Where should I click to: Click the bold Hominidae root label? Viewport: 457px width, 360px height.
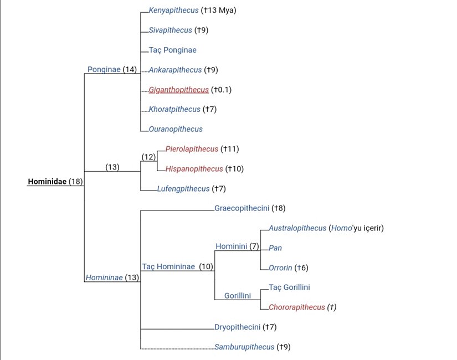(x=47, y=182)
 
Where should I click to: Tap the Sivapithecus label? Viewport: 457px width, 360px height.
(x=171, y=30)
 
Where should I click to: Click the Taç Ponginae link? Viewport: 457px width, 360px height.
(x=172, y=50)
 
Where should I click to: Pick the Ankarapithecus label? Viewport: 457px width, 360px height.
(x=175, y=70)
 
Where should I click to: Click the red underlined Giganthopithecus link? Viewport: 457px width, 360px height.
(x=178, y=90)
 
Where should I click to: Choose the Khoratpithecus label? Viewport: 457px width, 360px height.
(x=174, y=109)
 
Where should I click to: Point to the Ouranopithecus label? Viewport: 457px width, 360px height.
(x=176, y=129)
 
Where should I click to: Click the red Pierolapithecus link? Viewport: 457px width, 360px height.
(x=192, y=149)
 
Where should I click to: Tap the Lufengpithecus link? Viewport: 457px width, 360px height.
(x=183, y=189)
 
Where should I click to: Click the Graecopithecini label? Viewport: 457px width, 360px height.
(x=242, y=208)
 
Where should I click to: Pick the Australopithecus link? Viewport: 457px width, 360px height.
(x=297, y=228)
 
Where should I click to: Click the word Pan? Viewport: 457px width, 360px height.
(x=275, y=248)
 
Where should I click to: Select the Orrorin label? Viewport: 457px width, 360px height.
(x=280, y=268)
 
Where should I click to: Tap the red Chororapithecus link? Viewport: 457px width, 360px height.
(x=297, y=307)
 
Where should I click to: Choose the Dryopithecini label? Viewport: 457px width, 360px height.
(x=238, y=327)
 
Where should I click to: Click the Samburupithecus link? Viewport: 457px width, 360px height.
(x=244, y=347)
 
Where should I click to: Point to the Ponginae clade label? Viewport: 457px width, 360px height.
(x=104, y=69)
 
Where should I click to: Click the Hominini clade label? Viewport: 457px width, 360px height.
(x=232, y=246)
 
